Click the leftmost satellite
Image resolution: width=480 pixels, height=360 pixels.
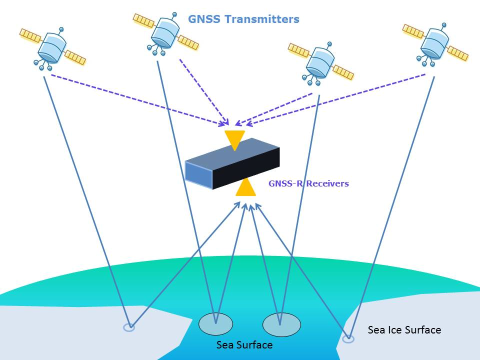click(52, 47)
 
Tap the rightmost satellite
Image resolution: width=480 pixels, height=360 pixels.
click(434, 42)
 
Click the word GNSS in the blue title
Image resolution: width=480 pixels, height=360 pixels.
click(203, 19)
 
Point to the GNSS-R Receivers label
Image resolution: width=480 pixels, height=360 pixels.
click(308, 183)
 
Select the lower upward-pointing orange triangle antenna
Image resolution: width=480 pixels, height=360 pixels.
click(245, 188)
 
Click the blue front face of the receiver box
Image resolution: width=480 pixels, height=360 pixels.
click(198, 172)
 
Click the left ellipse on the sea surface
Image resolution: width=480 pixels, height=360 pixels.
click(215, 324)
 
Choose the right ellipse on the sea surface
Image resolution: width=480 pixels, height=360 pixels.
click(281, 324)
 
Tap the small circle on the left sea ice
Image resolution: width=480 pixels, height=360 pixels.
click(129, 327)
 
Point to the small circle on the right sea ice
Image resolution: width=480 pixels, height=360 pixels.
click(347, 338)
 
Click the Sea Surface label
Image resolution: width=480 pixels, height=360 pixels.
click(244, 345)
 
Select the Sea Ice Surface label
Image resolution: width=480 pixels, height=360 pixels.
click(404, 330)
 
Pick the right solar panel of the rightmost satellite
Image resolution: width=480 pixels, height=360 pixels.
click(457, 53)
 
